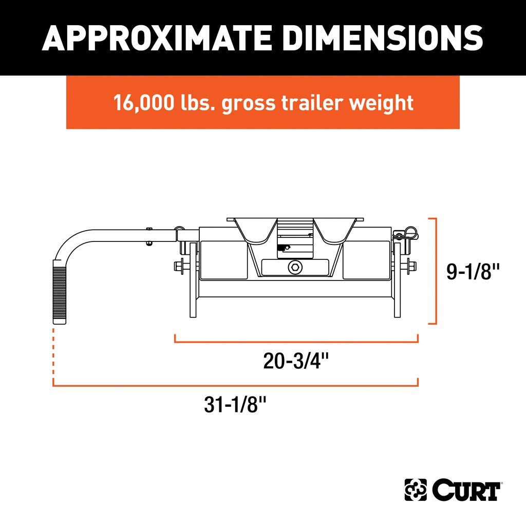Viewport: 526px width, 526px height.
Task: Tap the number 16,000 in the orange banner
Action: point(144,103)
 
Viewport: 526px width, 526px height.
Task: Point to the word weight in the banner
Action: point(381,103)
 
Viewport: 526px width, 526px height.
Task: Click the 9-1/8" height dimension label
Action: point(473,271)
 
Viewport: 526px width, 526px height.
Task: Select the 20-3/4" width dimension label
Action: point(296,361)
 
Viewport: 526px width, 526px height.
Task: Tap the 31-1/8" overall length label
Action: point(235,404)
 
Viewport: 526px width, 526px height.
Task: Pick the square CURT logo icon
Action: point(416,490)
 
